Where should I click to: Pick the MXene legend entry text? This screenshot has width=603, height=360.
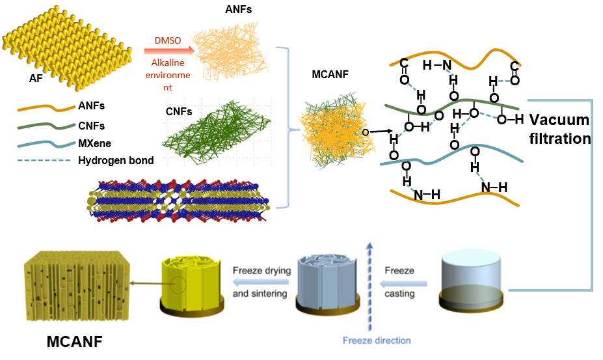(95, 142)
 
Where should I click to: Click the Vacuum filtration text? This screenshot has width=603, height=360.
(559, 129)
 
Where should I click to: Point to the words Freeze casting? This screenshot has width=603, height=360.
(399, 282)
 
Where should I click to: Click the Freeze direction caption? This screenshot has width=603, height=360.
(377, 340)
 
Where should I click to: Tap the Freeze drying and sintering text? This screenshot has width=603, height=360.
(261, 282)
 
